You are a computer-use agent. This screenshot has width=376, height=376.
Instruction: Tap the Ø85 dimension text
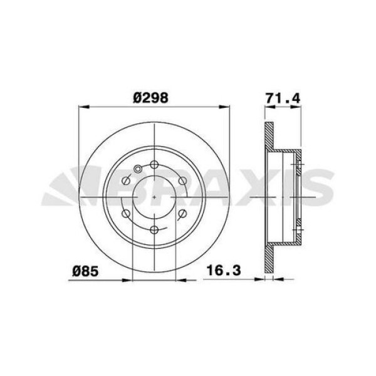83,271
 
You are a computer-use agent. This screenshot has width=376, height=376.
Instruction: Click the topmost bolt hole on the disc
154,165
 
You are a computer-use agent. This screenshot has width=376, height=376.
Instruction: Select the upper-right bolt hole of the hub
182,180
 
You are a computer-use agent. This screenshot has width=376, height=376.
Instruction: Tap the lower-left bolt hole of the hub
127,213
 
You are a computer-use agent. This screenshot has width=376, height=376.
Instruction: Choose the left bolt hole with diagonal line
126,181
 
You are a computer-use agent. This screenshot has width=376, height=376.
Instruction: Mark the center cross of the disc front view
154,197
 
